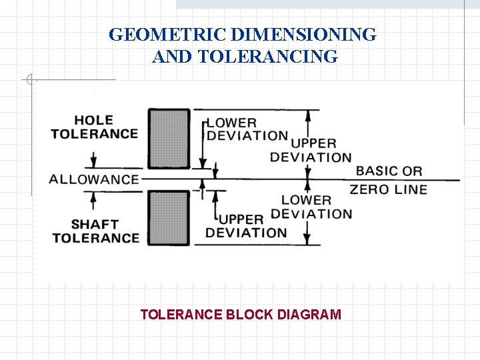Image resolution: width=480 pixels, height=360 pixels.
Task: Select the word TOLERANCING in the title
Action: [x=268, y=57]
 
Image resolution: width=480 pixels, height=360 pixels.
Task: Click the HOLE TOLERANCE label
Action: [x=94, y=127]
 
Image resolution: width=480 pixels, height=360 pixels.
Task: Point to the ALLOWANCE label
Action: [x=94, y=179]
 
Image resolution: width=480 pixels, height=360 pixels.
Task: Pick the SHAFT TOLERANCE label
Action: [x=95, y=231]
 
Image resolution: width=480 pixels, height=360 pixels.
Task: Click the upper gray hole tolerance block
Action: [x=169, y=139]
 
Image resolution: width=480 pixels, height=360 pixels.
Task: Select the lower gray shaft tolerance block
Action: [x=169, y=219]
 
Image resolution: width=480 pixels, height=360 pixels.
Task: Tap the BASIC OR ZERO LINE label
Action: [x=389, y=180]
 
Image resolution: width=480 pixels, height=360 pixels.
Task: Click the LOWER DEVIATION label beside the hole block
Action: [x=247, y=129]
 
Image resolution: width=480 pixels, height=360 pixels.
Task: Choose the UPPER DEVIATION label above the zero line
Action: [x=311, y=150]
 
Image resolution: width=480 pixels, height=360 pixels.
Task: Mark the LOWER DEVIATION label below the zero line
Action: [x=311, y=207]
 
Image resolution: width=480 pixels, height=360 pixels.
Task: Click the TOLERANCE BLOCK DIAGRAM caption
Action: [x=241, y=314]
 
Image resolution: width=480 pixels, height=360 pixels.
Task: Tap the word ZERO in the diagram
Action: [x=369, y=189]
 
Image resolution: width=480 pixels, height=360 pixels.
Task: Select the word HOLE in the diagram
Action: [x=93, y=120]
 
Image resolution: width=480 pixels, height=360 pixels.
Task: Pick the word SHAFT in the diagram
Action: [x=95, y=224]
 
